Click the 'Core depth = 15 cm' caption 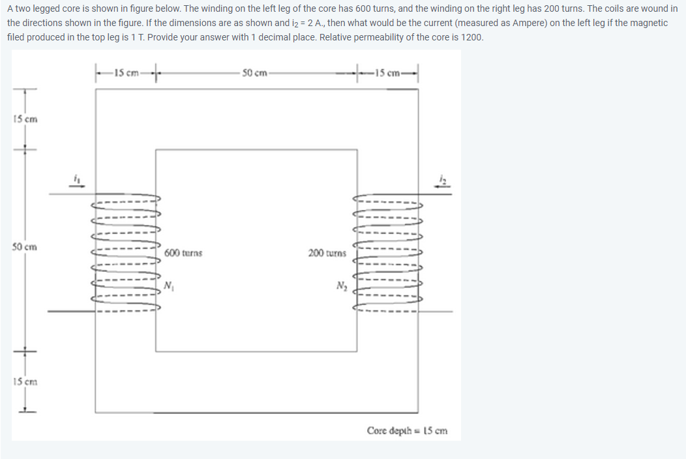pyautogui.click(x=407, y=430)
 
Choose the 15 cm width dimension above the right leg pyautogui.click(x=389, y=72)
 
